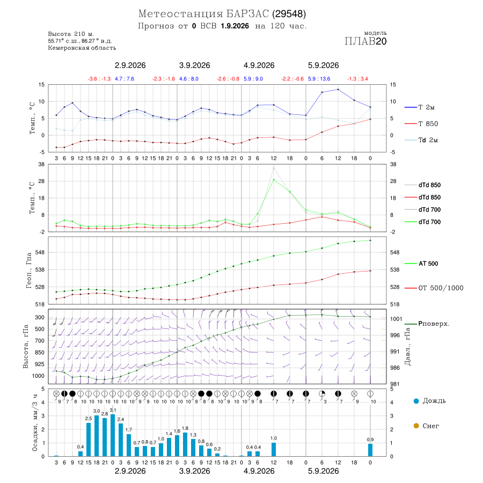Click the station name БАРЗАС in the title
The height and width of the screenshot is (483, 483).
[x=247, y=14]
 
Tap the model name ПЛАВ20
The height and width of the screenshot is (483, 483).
[x=365, y=41]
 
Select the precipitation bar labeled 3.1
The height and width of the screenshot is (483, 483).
[x=113, y=435]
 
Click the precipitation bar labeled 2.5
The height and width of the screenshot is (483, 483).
[x=89, y=440]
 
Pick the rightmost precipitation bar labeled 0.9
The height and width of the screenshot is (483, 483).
[x=370, y=450]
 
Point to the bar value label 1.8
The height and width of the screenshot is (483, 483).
[x=185, y=428]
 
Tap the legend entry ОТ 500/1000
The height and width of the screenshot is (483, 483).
[x=434, y=288]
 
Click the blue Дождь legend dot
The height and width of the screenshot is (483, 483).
[x=416, y=401]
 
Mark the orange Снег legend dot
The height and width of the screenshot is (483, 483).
[x=416, y=426]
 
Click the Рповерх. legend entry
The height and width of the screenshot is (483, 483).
[x=427, y=324]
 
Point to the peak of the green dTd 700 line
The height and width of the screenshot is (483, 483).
[x=274, y=180]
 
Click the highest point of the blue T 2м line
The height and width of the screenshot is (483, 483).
[x=338, y=89]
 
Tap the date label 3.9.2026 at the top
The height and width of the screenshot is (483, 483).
[x=195, y=65]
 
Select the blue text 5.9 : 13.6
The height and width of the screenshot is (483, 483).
[x=319, y=79]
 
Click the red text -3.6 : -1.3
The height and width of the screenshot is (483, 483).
[x=99, y=79]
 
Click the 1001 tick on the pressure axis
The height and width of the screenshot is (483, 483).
[x=396, y=319]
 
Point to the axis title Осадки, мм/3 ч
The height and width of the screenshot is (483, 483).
[x=34, y=423]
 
